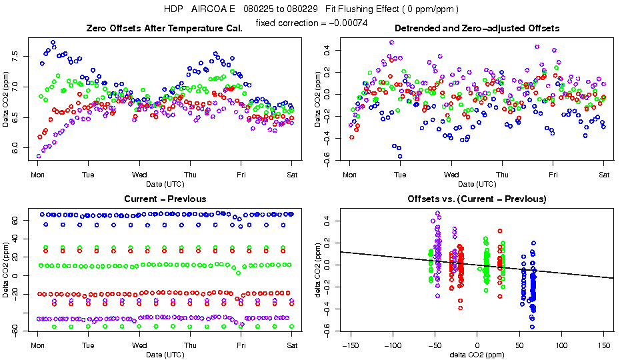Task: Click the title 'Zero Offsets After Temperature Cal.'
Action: coord(165,28)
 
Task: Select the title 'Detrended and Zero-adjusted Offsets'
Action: coord(477,28)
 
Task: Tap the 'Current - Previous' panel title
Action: coord(165,199)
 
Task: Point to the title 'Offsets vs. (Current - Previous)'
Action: coord(477,199)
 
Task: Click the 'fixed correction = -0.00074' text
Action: coord(311,23)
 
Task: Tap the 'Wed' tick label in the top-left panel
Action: coord(139,174)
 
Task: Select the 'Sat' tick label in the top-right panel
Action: coord(604,174)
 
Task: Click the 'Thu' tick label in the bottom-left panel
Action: coord(190,345)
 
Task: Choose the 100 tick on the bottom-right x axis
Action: coord(562,345)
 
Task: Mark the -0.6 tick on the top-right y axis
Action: coord(327,156)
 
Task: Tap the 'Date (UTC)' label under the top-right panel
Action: coord(477,183)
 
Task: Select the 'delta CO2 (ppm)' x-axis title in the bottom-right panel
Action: coord(477,354)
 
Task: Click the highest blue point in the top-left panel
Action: coord(53,43)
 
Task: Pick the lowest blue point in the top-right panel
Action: coord(400,156)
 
